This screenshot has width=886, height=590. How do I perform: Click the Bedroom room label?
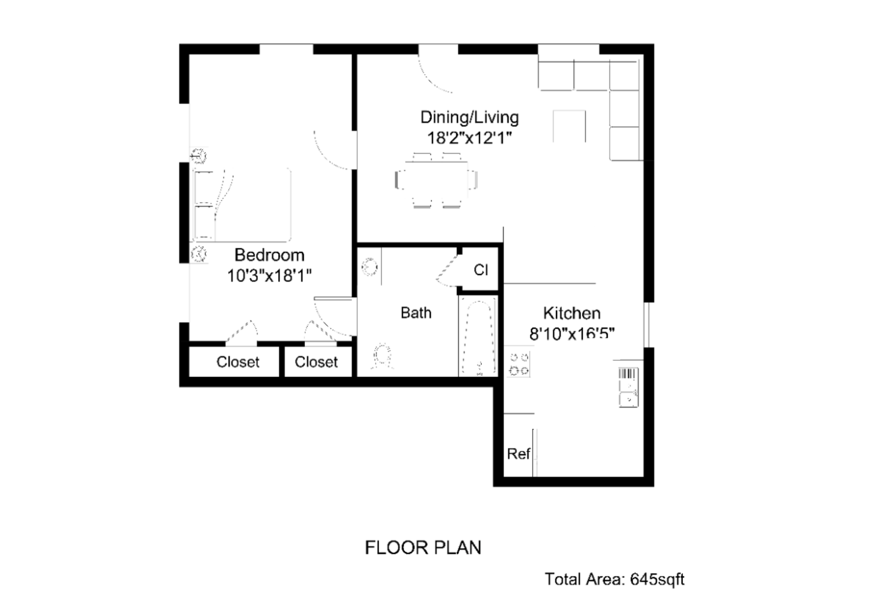point(269,255)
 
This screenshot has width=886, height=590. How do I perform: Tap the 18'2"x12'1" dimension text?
point(470,138)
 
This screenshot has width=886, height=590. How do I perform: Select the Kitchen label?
point(571,314)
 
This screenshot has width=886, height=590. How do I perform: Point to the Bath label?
point(416,313)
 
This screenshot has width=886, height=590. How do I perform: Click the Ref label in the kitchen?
point(518,454)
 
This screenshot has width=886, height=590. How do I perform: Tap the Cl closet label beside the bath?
point(481,270)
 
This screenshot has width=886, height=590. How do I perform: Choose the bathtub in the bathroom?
point(479,337)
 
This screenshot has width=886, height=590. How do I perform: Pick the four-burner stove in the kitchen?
point(519,363)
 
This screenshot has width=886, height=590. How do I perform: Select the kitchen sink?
point(628,388)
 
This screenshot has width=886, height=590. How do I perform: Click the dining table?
point(436,180)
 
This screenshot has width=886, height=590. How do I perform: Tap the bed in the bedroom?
point(242,204)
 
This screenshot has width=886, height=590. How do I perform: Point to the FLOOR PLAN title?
point(423,547)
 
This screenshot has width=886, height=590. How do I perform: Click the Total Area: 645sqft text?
point(615,579)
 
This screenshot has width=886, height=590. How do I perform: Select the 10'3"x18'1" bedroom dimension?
point(269,276)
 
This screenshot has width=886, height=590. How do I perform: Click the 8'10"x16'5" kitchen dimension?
point(572,334)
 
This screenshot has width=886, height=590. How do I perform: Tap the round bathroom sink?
point(370,267)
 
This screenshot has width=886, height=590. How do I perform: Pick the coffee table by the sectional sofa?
point(569,126)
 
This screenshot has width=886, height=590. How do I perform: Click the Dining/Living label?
point(470,117)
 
